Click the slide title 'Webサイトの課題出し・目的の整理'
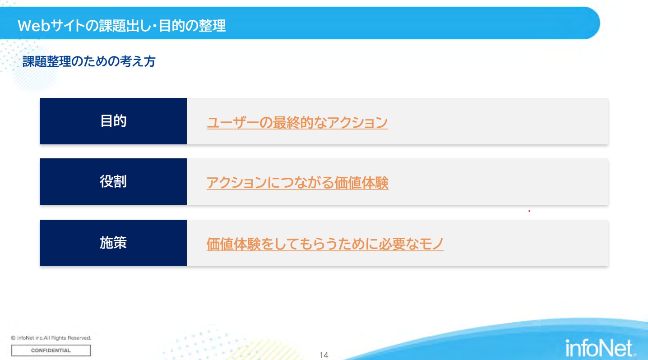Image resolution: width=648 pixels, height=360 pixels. coord(121,25)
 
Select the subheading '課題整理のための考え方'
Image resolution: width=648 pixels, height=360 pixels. coord(89,61)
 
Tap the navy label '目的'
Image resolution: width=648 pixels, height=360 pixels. coord(113,121)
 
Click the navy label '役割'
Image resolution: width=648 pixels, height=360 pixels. coord(113,182)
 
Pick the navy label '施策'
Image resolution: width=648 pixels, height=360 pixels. coord(113,243)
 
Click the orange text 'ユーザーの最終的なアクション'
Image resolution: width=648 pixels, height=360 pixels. coord(297,122)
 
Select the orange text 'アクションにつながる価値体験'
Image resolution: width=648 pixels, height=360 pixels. coord(297,183)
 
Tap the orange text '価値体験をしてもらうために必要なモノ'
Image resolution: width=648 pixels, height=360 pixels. coord(325,244)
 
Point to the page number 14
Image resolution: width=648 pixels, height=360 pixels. coord(324,355)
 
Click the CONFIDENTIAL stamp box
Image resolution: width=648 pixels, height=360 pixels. coord(51,351)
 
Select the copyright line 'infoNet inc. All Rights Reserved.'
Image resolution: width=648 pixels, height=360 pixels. coord(54,338)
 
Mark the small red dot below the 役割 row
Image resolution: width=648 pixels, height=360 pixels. coord(529,211)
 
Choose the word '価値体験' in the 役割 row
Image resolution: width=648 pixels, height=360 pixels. coord(361,183)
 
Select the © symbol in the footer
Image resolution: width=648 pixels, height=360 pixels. coord(13,338)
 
